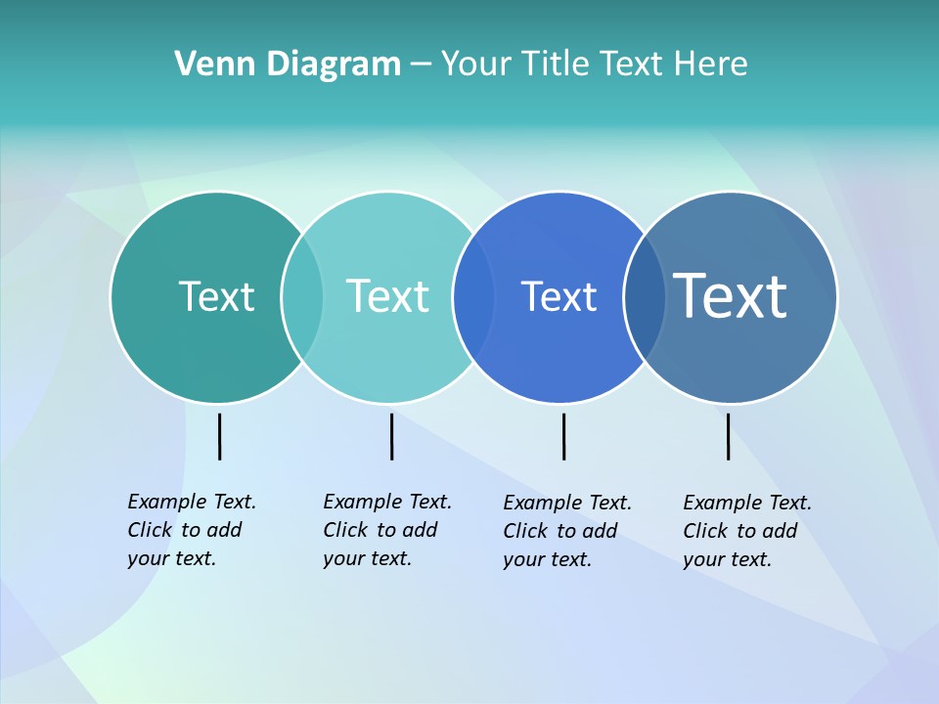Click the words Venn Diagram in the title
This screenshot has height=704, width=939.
pos(288,65)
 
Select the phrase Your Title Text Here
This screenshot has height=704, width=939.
pos(594,65)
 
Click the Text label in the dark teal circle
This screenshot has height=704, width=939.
pos(216,296)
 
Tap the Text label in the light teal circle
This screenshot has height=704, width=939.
pos(387,296)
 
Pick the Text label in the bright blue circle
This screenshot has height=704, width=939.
pos(559,296)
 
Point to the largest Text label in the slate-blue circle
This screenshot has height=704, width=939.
pos(730,295)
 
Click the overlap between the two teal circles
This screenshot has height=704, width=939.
pos(302,296)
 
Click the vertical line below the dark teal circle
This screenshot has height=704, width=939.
pos(220,436)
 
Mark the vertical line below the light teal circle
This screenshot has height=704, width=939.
pos(391,436)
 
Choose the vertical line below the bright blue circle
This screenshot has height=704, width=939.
pos(563,436)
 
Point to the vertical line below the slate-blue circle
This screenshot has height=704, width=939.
pos(729,436)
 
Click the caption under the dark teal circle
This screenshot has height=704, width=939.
pos(191,530)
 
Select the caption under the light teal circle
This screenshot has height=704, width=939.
pos(386,530)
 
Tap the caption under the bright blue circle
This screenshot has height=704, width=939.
pos(566,531)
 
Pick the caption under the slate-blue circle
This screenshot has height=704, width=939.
pos(746,531)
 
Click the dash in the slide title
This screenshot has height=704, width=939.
pos(421,66)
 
